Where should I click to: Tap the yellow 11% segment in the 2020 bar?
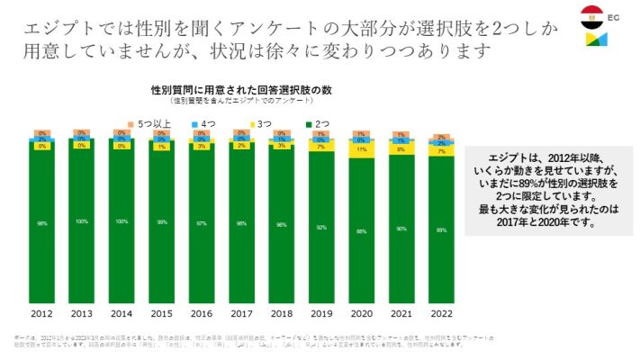coord(361,150)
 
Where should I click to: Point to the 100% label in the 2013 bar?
coord(81,221)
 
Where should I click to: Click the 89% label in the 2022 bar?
coord(441,230)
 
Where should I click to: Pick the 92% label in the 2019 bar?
coord(321,228)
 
